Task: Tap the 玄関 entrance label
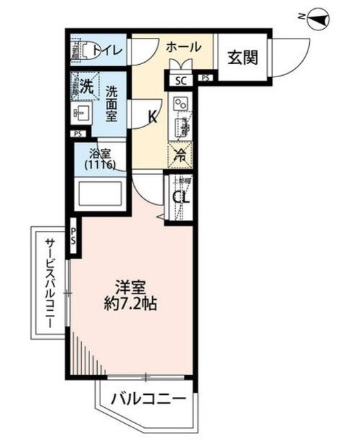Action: click(x=243, y=58)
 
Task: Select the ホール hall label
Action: click(x=182, y=47)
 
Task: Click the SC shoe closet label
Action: click(x=181, y=80)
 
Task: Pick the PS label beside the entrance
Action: click(x=205, y=79)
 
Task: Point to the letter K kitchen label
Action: click(x=153, y=116)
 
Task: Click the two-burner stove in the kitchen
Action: click(x=182, y=103)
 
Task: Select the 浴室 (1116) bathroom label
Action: click(x=100, y=160)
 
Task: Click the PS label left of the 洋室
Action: click(x=73, y=234)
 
